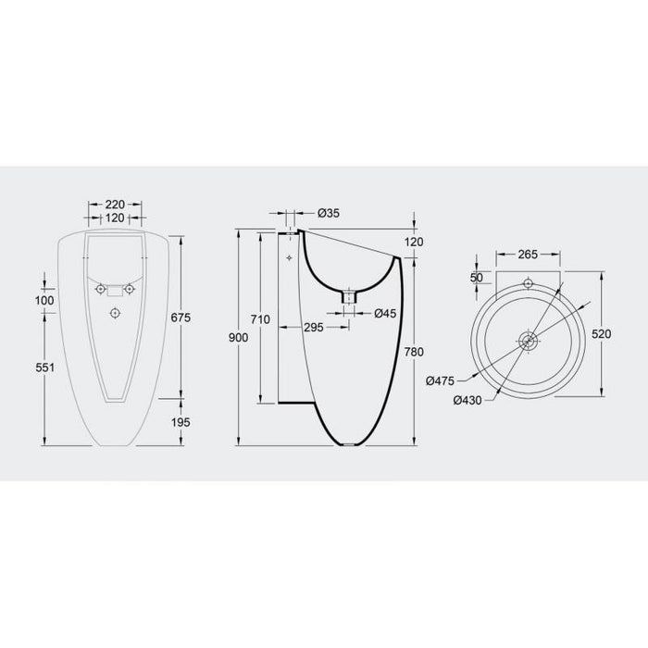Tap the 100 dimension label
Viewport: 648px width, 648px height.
[x=44, y=300]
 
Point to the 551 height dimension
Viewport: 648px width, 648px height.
[x=43, y=368]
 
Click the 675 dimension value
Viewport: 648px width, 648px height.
[x=181, y=318]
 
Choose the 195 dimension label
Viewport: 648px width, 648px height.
[x=181, y=422]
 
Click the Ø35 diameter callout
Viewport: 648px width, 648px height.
[x=327, y=213]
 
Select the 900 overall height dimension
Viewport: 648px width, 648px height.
[x=238, y=338]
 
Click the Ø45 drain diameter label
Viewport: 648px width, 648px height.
[x=385, y=313]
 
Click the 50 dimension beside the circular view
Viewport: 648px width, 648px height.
[x=477, y=277]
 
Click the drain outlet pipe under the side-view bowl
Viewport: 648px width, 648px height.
[x=349, y=297]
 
